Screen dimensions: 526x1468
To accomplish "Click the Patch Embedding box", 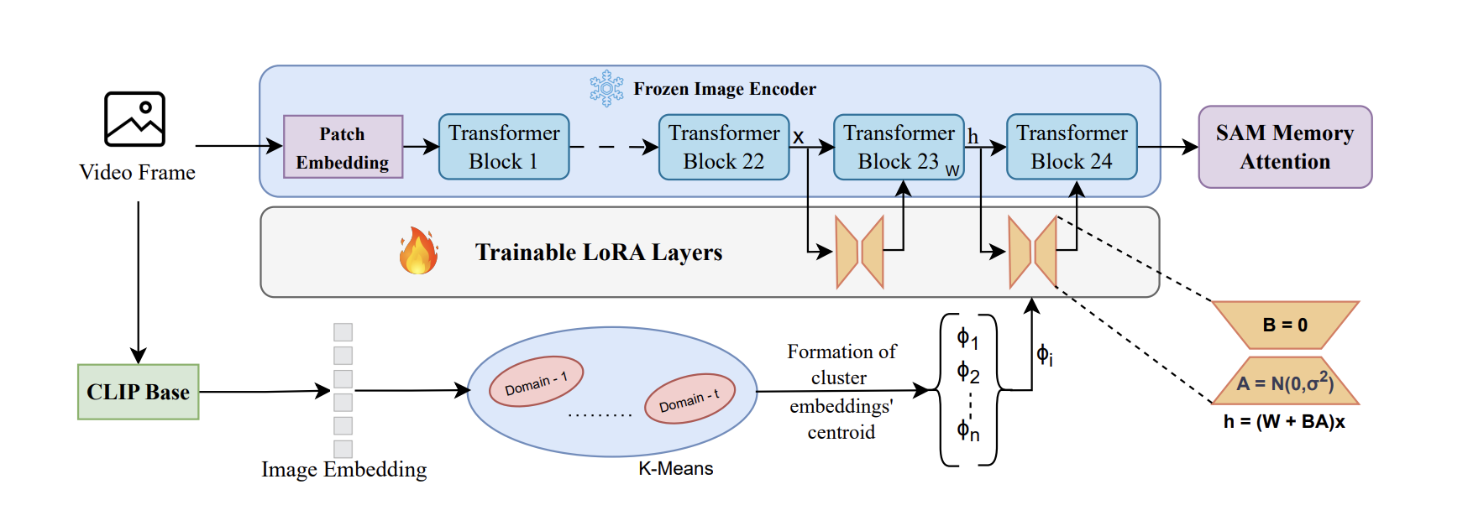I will pos(343,147).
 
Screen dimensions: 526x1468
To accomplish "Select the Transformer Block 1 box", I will pos(504,147).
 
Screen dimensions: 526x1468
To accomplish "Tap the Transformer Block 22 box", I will pos(724,147).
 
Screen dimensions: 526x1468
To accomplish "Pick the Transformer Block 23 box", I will pos(899,147).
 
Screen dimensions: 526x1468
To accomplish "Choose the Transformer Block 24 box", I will pos(1072,147).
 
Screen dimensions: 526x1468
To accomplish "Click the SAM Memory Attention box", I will pos(1285,147).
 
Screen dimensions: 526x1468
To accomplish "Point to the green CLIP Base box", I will pos(139,392).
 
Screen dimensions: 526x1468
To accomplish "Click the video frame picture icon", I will pos(134,119).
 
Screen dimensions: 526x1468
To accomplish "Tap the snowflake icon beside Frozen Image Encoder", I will pos(606,88).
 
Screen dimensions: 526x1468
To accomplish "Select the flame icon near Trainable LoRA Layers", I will pos(418,252).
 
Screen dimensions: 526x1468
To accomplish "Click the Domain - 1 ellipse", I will pos(536,382).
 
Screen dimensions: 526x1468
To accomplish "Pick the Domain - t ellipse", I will pos(689,398).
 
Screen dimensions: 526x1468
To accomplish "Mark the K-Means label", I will pos(675,469).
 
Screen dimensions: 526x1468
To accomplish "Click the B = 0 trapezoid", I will pos(1285,325).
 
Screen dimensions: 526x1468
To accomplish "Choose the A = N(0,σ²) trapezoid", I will pos(1285,382).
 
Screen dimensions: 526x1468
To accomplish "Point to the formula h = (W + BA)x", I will pos(1284,422).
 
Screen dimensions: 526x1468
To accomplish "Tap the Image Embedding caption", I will pos(343,470).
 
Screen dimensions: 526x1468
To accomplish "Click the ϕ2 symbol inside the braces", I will pos(968,372).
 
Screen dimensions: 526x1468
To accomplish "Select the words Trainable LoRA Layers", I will pos(598,253).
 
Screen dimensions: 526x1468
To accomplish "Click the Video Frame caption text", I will pos(137,173).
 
